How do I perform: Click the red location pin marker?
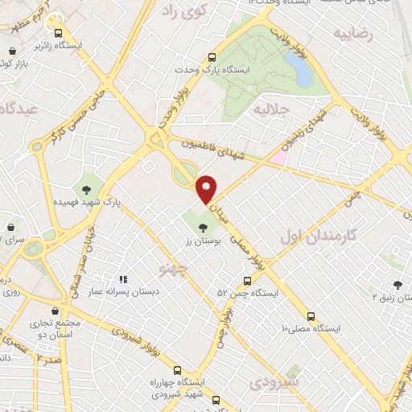click(207, 188)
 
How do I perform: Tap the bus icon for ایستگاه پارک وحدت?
click(212, 57)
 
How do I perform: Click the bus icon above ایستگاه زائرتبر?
click(58, 33)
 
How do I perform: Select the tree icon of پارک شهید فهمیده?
click(86, 190)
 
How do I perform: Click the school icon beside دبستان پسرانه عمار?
click(123, 279)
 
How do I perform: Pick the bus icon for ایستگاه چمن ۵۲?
click(247, 282)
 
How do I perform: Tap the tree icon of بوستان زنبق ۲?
click(398, 284)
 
